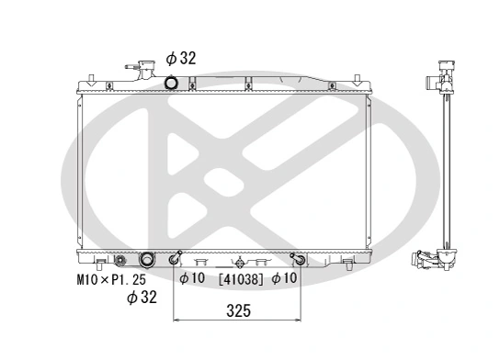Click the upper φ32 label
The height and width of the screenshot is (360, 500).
(181, 59)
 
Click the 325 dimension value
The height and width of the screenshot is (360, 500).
(238, 311)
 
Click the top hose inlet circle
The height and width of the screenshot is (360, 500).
(171, 83)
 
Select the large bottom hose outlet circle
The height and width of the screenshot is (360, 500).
(145, 260)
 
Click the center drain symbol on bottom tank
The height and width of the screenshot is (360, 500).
(238, 261)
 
